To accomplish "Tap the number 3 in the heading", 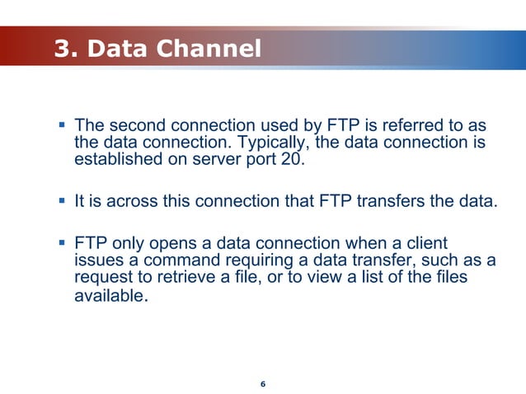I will coord(62,49).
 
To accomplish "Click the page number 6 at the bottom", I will coord(262,385).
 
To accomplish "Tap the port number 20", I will coord(289,159).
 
